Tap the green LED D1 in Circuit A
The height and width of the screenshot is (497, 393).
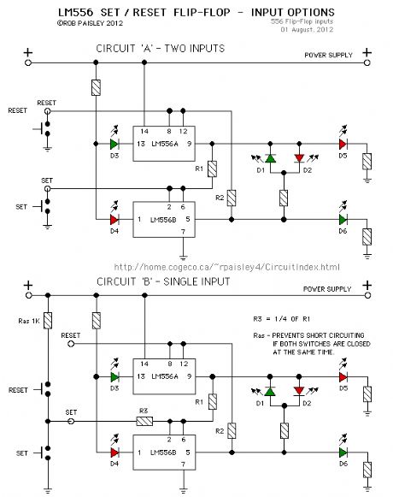tap(270, 159)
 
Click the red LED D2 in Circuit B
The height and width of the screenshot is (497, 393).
tap(299, 392)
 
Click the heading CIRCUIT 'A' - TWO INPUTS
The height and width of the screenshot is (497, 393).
tap(161, 49)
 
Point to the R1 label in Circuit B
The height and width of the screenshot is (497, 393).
tap(200, 401)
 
